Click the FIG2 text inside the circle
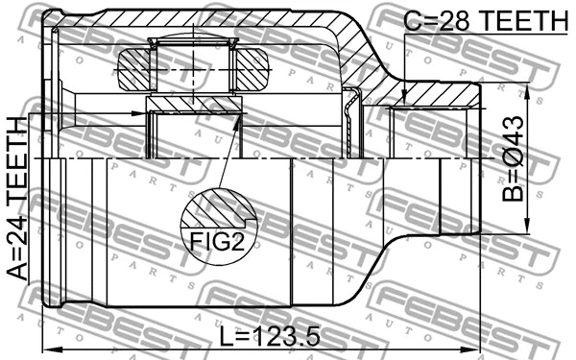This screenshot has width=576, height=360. pos(222,241)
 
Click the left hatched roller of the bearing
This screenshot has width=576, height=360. pos(132,70)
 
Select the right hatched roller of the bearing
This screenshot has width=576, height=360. pos(251,70)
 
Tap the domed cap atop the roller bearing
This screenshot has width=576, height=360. pos(192,40)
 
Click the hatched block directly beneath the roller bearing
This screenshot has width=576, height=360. pos(192,103)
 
